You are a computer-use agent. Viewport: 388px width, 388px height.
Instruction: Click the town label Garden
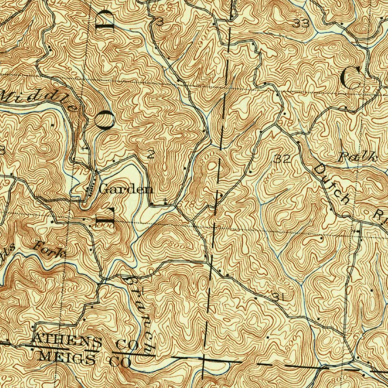point(126,189)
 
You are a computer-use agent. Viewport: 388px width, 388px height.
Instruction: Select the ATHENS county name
point(67,341)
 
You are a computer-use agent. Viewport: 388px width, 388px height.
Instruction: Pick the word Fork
point(49,250)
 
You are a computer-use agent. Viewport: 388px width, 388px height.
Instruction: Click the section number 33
point(301,24)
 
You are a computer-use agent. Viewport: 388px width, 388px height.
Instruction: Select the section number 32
point(282,159)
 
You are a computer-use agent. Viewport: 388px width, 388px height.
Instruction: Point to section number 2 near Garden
point(150,154)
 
